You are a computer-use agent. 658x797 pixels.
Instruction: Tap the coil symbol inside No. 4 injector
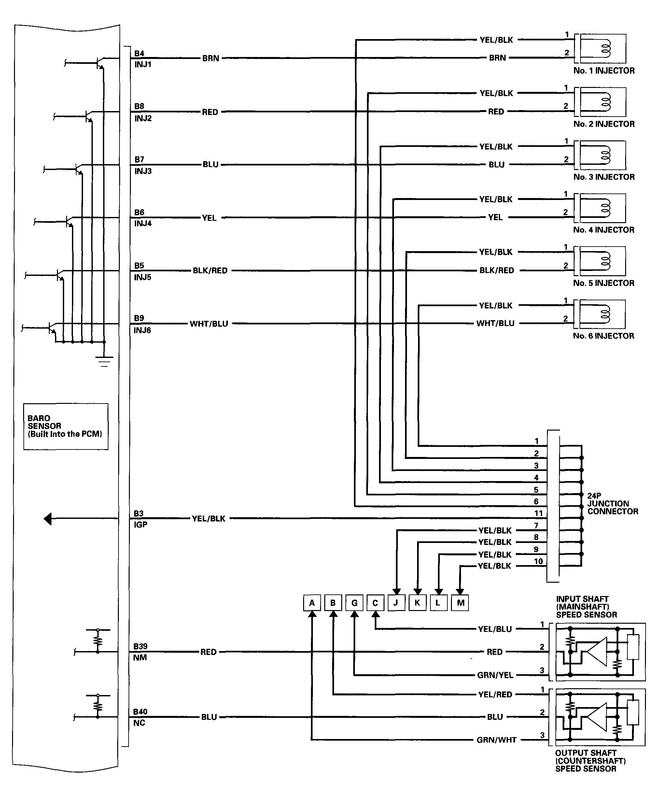tap(606, 208)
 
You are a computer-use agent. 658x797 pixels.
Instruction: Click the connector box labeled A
tap(312, 603)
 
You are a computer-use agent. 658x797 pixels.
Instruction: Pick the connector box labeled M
tap(460, 603)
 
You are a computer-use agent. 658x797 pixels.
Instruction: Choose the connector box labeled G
tap(354, 603)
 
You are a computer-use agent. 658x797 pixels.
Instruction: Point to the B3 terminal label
tap(139, 514)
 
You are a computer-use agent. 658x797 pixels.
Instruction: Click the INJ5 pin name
tap(143, 277)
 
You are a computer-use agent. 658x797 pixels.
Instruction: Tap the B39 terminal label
tap(140, 646)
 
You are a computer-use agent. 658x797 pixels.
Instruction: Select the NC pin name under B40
tap(139, 723)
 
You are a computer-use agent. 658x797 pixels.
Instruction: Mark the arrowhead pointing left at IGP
tap(48, 519)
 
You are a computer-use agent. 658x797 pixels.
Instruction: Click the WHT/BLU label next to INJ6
tap(209, 324)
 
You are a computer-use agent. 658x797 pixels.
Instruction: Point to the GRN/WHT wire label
tap(496, 740)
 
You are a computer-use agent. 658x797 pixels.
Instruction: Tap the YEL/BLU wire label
tap(495, 629)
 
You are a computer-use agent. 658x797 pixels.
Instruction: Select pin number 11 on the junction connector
tap(538, 513)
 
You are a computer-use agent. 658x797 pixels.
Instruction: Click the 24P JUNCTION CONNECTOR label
tap(612, 504)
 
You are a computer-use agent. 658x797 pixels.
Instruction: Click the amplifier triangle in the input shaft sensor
tap(598, 651)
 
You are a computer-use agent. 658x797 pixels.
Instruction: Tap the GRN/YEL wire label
tap(495, 675)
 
